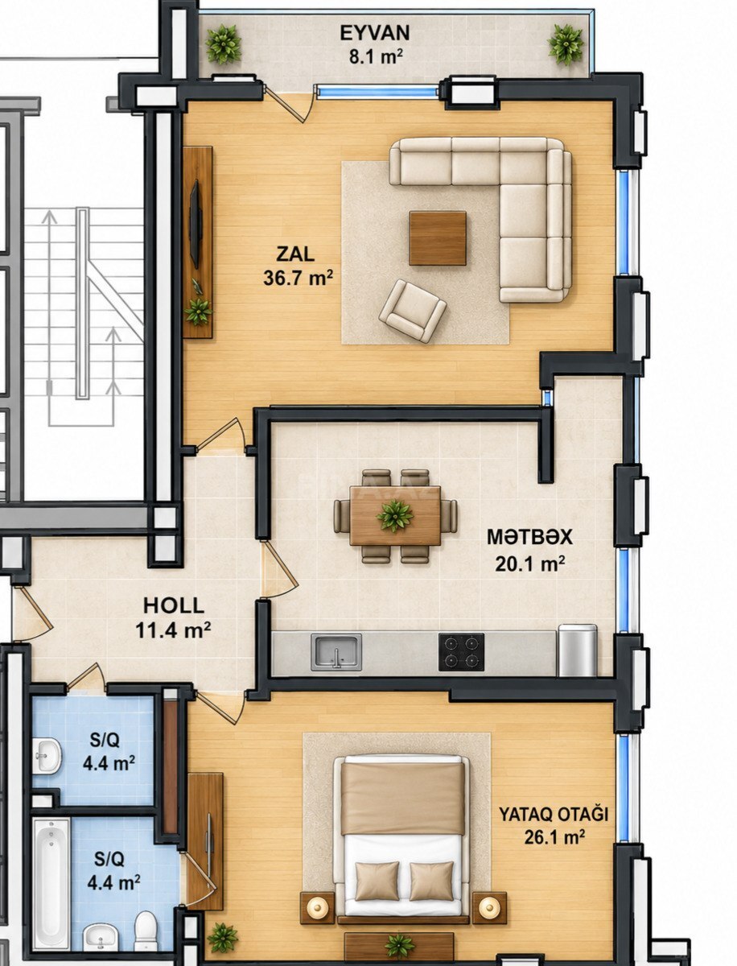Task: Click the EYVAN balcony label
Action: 375,33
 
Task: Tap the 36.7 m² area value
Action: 298,278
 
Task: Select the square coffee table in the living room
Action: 437,237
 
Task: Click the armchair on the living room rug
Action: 413,311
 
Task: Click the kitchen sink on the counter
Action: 336,652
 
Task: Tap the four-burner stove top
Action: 461,652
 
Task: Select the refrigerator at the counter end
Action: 578,650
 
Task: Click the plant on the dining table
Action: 395,515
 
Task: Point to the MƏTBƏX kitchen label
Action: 529,538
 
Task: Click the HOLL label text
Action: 174,606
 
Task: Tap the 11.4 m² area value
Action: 172,630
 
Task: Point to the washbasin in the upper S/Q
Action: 47,755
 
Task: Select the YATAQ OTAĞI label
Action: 554,815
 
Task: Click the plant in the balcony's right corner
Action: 565,44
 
